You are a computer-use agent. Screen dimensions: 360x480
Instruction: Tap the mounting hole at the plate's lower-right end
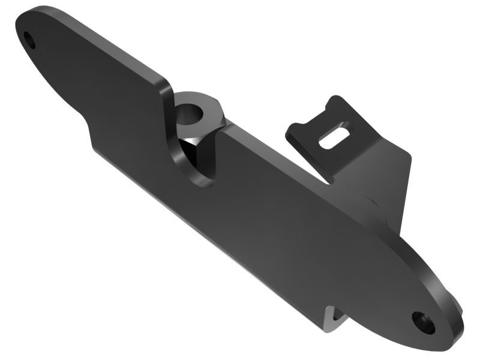click(x=424, y=322)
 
